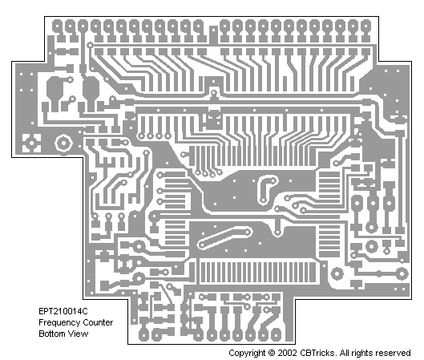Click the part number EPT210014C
pos(63,311)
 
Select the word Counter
pos(98,322)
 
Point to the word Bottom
pos(52,334)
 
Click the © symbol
pos(272,353)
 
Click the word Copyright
pos(247,354)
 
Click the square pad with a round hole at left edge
pos(31,143)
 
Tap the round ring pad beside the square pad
pos(63,144)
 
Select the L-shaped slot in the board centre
pos(267,188)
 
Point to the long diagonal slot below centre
pos(224,238)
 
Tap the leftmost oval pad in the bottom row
pos(143,334)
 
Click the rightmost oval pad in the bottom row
pos(276,334)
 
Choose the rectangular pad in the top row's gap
pos(213,35)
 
